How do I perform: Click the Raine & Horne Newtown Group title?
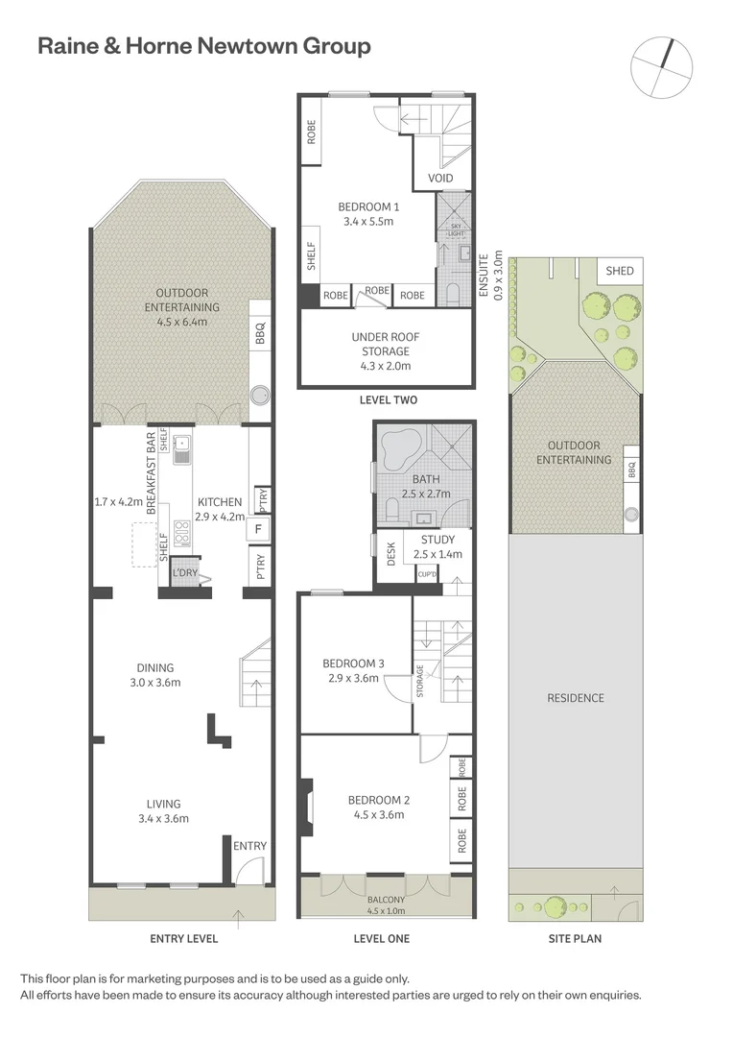[203, 46]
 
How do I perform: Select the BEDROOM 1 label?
[368, 207]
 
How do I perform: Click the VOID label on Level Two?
[440, 178]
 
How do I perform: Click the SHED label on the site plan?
[620, 271]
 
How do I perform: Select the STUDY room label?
[437, 540]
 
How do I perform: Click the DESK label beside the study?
[390, 554]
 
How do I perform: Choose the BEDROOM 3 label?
[353, 663]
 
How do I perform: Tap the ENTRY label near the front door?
[249, 846]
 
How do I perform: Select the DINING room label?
[154, 668]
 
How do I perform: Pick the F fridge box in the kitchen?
[258, 528]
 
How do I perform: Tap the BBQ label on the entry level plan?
[259, 332]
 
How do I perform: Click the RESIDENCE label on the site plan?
[576, 698]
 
